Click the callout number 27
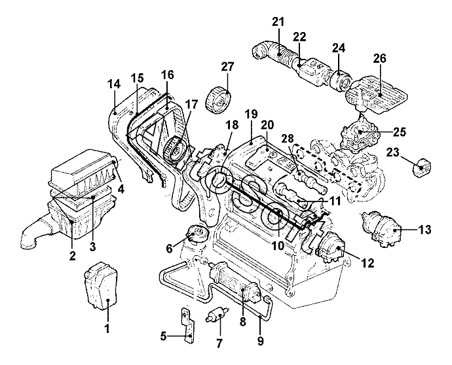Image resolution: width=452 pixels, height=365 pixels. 227,67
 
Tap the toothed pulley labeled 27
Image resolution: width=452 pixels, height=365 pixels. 219,101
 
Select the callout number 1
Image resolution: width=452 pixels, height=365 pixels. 107,328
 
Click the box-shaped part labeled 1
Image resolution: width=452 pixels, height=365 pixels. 101,287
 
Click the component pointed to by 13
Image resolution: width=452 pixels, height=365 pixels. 382,230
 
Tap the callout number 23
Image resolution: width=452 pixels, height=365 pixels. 392,152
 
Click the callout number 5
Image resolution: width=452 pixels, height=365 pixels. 164,336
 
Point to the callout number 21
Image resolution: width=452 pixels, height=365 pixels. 278,22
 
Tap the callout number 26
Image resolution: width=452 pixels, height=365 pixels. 380,58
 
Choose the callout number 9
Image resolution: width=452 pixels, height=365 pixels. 260,341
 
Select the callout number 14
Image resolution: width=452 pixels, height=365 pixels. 113,84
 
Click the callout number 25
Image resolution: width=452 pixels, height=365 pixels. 399,132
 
